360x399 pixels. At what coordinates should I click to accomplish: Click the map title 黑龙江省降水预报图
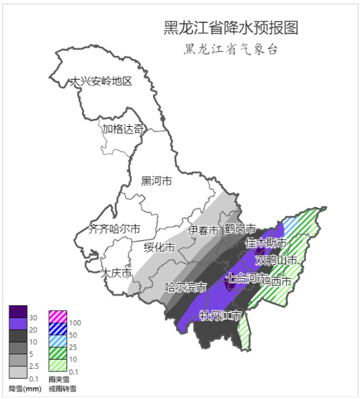tap(231, 28)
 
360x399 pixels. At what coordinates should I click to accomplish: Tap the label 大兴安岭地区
tap(102, 82)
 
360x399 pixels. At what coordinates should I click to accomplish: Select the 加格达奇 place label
tap(122, 129)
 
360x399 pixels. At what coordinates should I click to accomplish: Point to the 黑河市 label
tap(157, 181)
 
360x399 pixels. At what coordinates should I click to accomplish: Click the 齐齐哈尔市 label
tap(114, 229)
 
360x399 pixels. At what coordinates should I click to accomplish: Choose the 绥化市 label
tap(160, 247)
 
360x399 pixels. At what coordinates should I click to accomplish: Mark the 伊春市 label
tap(203, 230)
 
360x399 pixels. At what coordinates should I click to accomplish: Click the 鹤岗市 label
tap(240, 229)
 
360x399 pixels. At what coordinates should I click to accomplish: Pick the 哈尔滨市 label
tap(186, 287)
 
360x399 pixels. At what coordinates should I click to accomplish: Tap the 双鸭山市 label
tap(277, 260)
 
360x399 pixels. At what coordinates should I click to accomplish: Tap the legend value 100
tap(74, 323)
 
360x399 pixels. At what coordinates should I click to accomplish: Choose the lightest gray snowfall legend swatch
tap(18, 373)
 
